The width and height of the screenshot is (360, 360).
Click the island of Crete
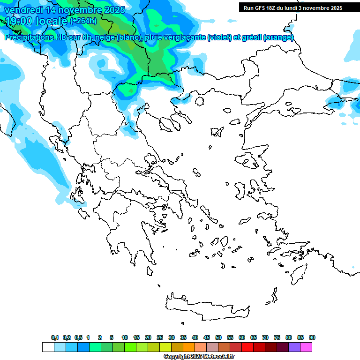click(x=206, y=307)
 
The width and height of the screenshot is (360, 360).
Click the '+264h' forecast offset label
click(x=83, y=21)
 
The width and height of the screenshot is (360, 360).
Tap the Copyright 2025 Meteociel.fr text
click(x=199, y=357)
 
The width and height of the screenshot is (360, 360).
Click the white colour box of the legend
click(x=48, y=347)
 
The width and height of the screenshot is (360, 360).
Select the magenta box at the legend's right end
click(x=307, y=347)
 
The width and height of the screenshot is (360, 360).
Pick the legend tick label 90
click(x=312, y=337)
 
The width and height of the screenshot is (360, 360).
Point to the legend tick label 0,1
click(x=55, y=337)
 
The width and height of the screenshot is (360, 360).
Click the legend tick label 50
click(x=218, y=337)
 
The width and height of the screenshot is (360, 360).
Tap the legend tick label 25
click(x=160, y=337)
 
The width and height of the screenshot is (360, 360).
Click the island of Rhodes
click(x=298, y=272)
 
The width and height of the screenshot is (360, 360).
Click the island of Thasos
click(x=201, y=101)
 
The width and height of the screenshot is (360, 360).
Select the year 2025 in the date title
click(x=112, y=9)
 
